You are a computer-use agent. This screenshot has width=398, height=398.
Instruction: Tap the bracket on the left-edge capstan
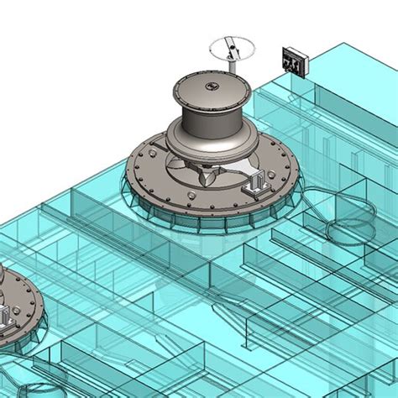(x=6, y=317)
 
